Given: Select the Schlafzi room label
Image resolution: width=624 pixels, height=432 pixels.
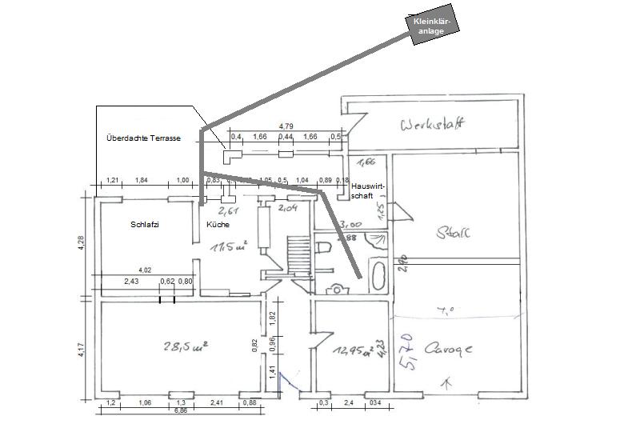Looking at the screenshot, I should pyautogui.click(x=145, y=225).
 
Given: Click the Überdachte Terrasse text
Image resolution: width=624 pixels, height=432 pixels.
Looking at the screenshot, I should pyautogui.click(x=143, y=138).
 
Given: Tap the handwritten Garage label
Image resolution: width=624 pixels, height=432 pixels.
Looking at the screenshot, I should pyautogui.click(x=450, y=350).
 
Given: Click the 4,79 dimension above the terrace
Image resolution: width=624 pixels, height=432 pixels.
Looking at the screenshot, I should pyautogui.click(x=286, y=126).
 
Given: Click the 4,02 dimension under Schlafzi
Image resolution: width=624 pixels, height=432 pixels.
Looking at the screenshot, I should pyautogui.click(x=145, y=270).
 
